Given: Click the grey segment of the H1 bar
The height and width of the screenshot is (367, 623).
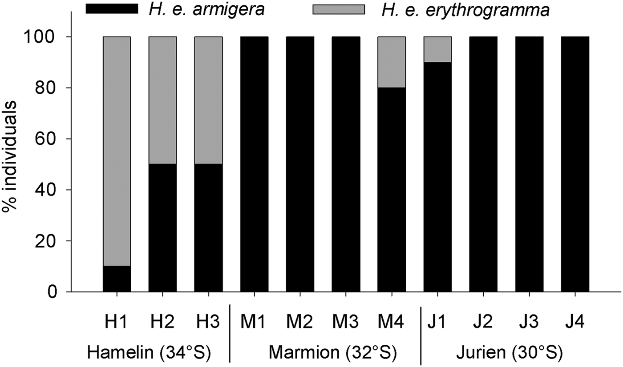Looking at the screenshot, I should [x=117, y=151].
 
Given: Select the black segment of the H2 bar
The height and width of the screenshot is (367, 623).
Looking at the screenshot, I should [x=162, y=227].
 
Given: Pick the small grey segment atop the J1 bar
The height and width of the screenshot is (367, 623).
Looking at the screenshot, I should [x=437, y=49].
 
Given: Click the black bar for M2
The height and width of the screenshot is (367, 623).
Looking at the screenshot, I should [x=300, y=164].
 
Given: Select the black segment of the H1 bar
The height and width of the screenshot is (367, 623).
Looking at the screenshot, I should [x=117, y=279].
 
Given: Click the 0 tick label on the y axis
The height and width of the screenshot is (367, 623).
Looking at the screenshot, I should [x=53, y=292].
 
